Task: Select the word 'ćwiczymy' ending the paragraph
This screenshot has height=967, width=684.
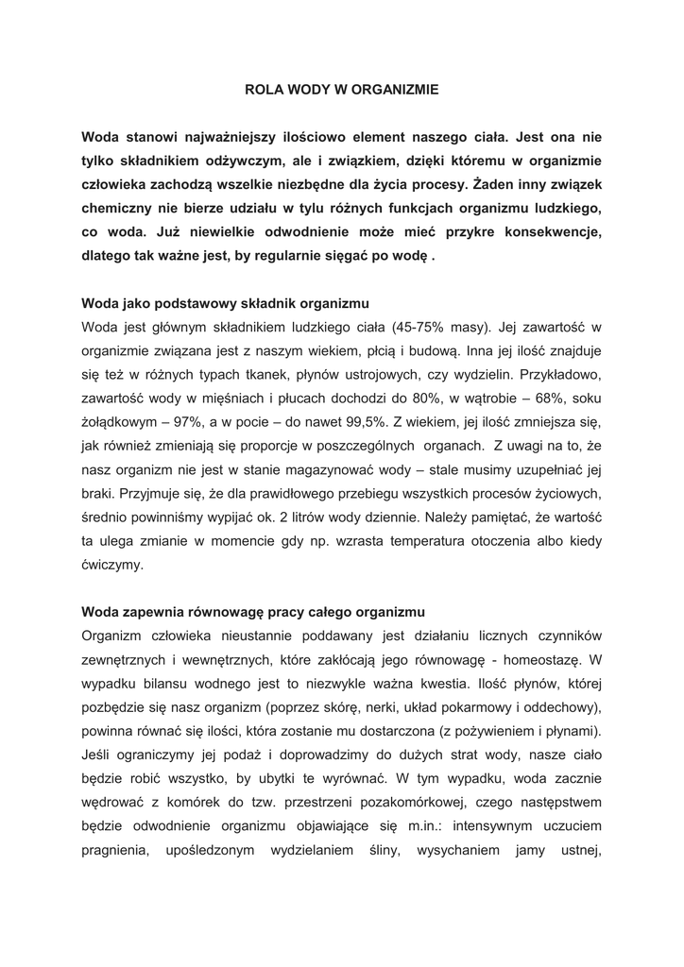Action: point(112,564)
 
